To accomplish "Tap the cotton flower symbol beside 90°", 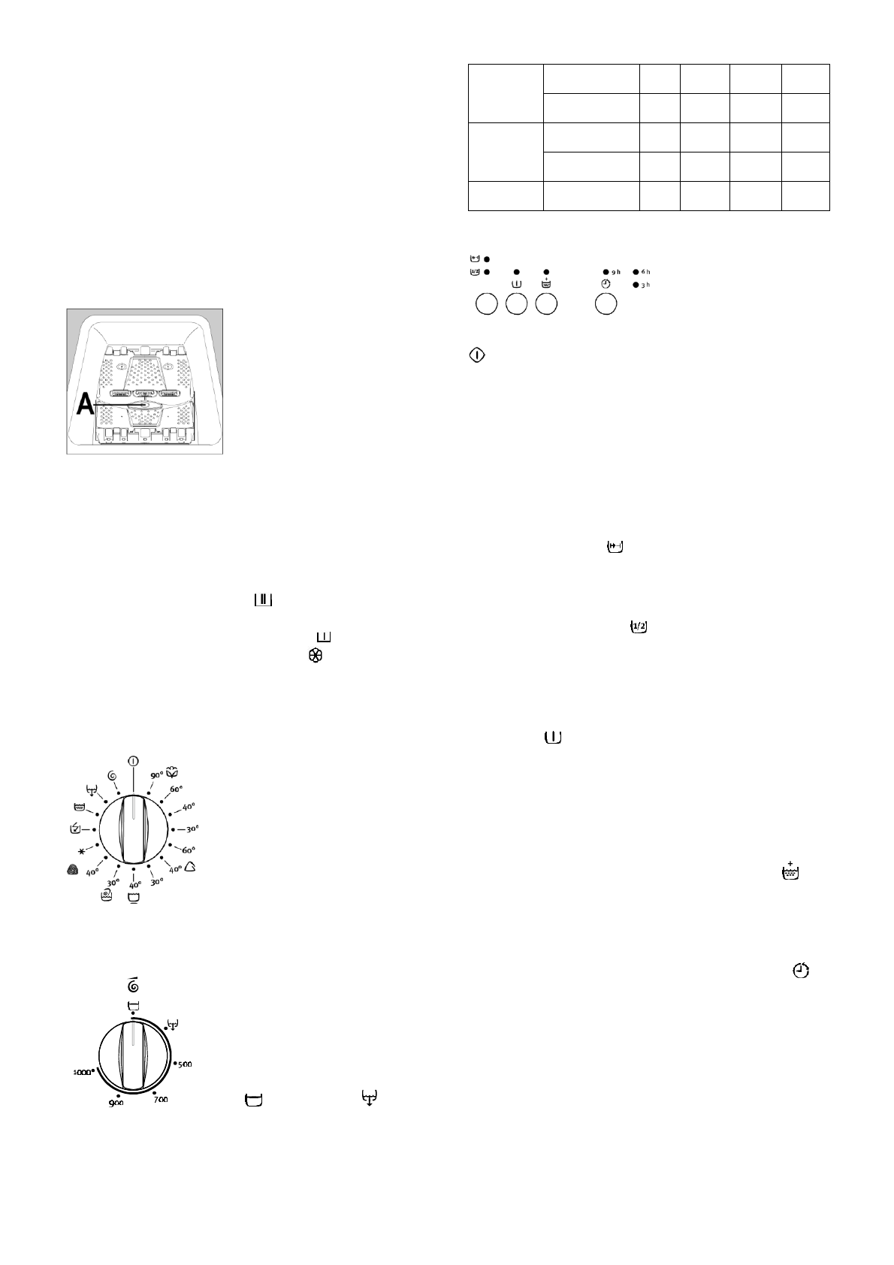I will (171, 773).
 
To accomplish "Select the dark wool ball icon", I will (71, 870).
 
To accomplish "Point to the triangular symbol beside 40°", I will (191, 867).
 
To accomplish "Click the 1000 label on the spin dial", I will (82, 1073).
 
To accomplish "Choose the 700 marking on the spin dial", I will (160, 1099).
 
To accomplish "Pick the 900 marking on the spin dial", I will (115, 1103).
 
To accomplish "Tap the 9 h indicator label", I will (616, 271).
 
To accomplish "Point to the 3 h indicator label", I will (646, 285).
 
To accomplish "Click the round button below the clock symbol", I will (606, 304).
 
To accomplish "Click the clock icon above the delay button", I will (606, 284).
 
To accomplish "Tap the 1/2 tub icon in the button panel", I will (475, 270).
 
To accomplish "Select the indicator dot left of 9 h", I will (606, 271).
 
